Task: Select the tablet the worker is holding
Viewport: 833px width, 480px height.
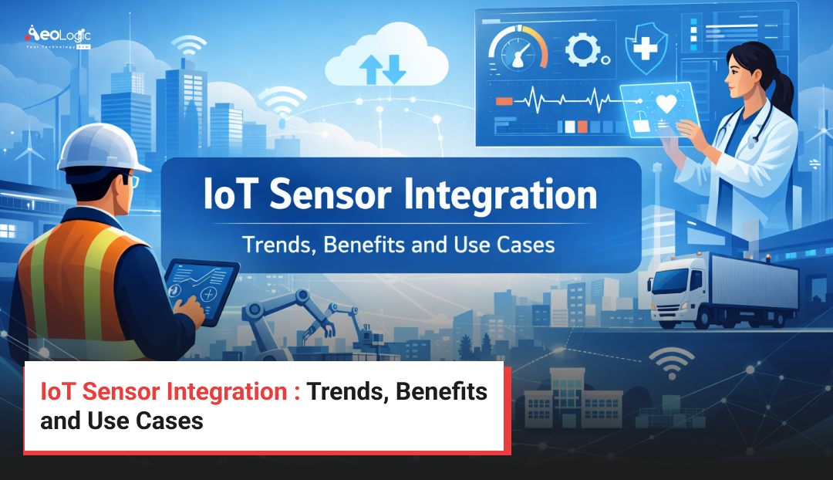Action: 202,286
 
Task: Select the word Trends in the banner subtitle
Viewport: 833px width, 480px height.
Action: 276,245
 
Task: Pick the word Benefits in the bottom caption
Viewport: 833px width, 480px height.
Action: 445,392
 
